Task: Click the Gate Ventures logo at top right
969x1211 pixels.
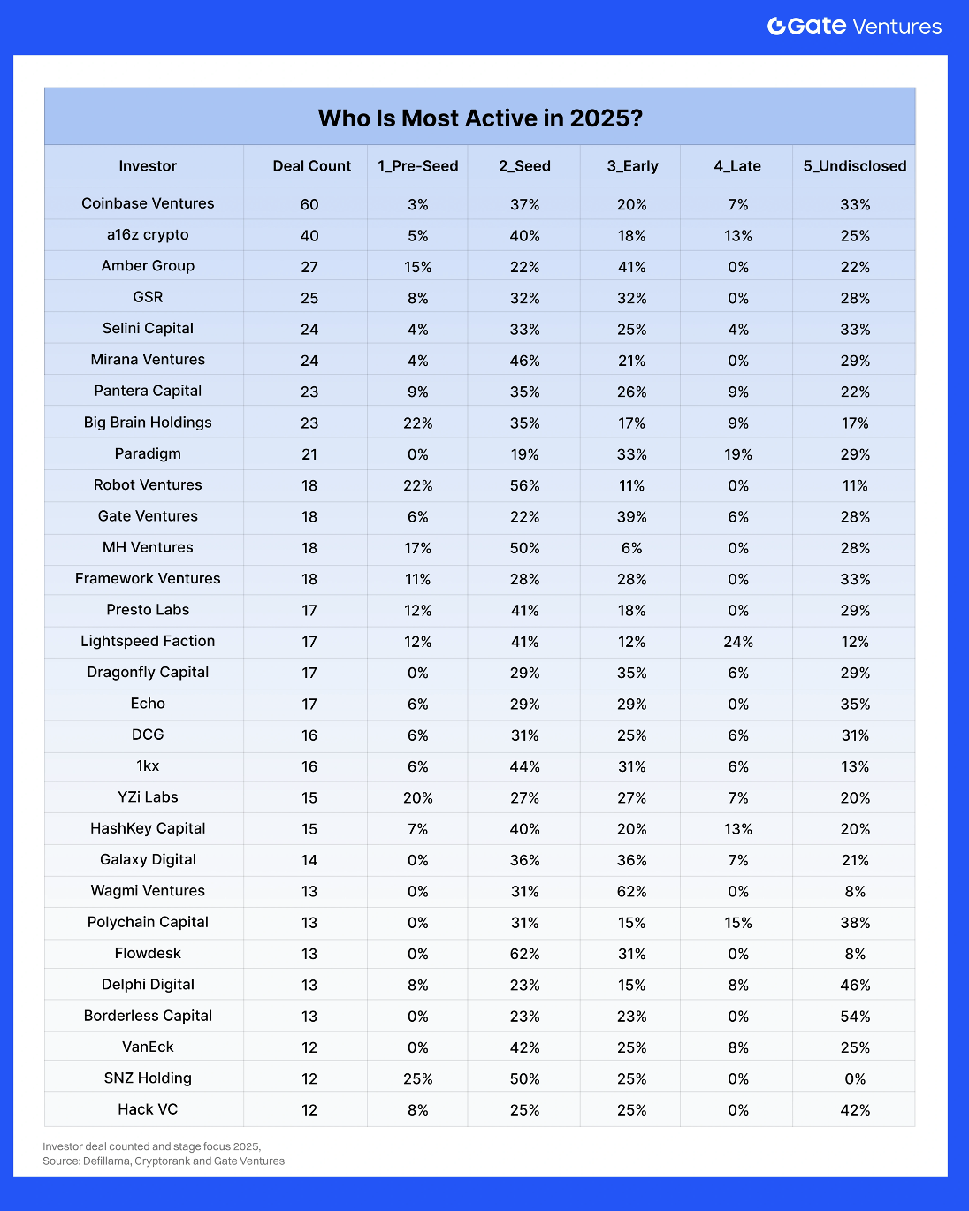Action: (x=854, y=27)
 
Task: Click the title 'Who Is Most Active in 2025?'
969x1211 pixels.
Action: (x=480, y=118)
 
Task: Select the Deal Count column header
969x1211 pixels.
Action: (x=311, y=166)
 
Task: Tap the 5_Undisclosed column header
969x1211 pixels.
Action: (x=854, y=166)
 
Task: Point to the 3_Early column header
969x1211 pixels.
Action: (x=632, y=166)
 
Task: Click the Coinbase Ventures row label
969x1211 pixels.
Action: (x=148, y=203)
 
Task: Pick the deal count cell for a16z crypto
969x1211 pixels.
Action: (x=309, y=236)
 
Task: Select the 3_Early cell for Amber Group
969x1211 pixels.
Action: (x=631, y=267)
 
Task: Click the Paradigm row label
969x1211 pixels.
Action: (x=148, y=453)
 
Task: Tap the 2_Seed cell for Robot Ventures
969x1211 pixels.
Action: (x=524, y=485)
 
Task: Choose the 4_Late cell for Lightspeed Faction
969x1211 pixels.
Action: (x=737, y=642)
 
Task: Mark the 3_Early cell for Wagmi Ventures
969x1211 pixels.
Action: (x=631, y=891)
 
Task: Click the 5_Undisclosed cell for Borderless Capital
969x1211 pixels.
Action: (x=855, y=1017)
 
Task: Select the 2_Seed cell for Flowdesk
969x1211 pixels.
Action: (x=524, y=954)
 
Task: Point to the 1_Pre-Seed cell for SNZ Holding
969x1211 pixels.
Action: (x=417, y=1078)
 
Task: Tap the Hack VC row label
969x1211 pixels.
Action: (x=148, y=1109)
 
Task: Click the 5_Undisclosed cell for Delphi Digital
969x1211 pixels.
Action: (x=855, y=985)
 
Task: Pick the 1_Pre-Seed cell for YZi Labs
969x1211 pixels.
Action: (x=417, y=797)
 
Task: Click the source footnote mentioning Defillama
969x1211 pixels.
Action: (x=164, y=1161)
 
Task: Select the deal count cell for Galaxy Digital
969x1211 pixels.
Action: (x=309, y=860)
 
